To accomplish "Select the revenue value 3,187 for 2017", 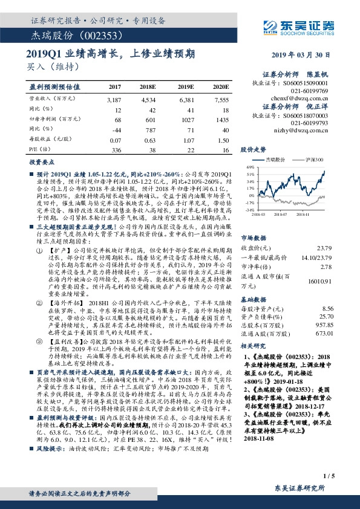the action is click(x=114, y=98).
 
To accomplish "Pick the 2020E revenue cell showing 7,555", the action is click(x=221, y=98).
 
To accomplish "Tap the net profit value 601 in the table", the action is click(x=149, y=120).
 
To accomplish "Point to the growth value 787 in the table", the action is click(x=149, y=130).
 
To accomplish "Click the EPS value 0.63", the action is click(x=149, y=141).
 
